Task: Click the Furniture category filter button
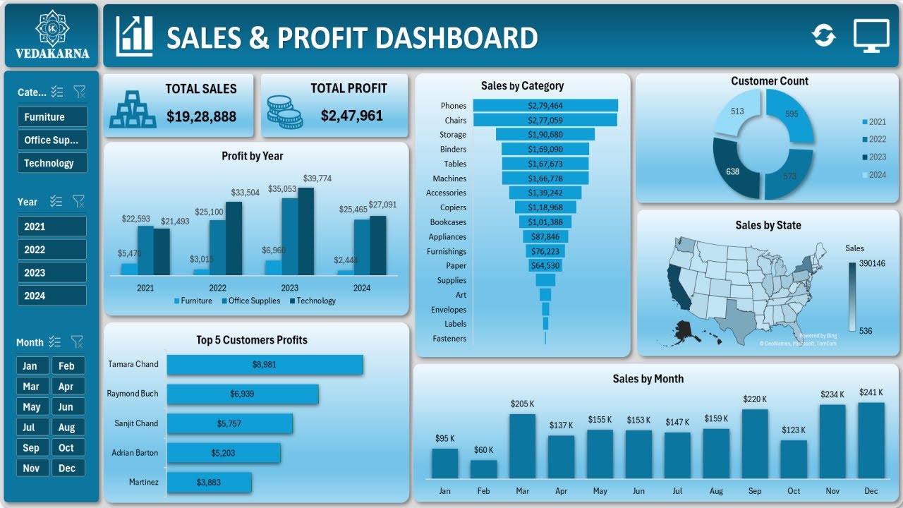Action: coord(51,117)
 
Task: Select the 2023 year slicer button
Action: coord(51,272)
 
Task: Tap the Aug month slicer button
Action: coord(67,427)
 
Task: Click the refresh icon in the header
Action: coord(823,35)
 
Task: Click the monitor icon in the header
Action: coord(871,35)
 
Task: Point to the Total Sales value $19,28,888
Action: coord(201,116)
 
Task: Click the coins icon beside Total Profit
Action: coord(284,111)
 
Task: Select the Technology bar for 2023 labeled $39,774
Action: coord(305,231)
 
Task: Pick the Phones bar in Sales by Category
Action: coord(545,105)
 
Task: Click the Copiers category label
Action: coord(453,207)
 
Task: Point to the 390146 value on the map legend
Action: coord(872,263)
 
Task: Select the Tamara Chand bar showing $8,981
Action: coord(265,364)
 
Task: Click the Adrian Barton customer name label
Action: coord(135,453)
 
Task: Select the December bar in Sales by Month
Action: coord(871,441)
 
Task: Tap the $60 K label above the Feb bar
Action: coord(483,449)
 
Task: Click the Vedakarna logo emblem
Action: coord(52,27)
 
